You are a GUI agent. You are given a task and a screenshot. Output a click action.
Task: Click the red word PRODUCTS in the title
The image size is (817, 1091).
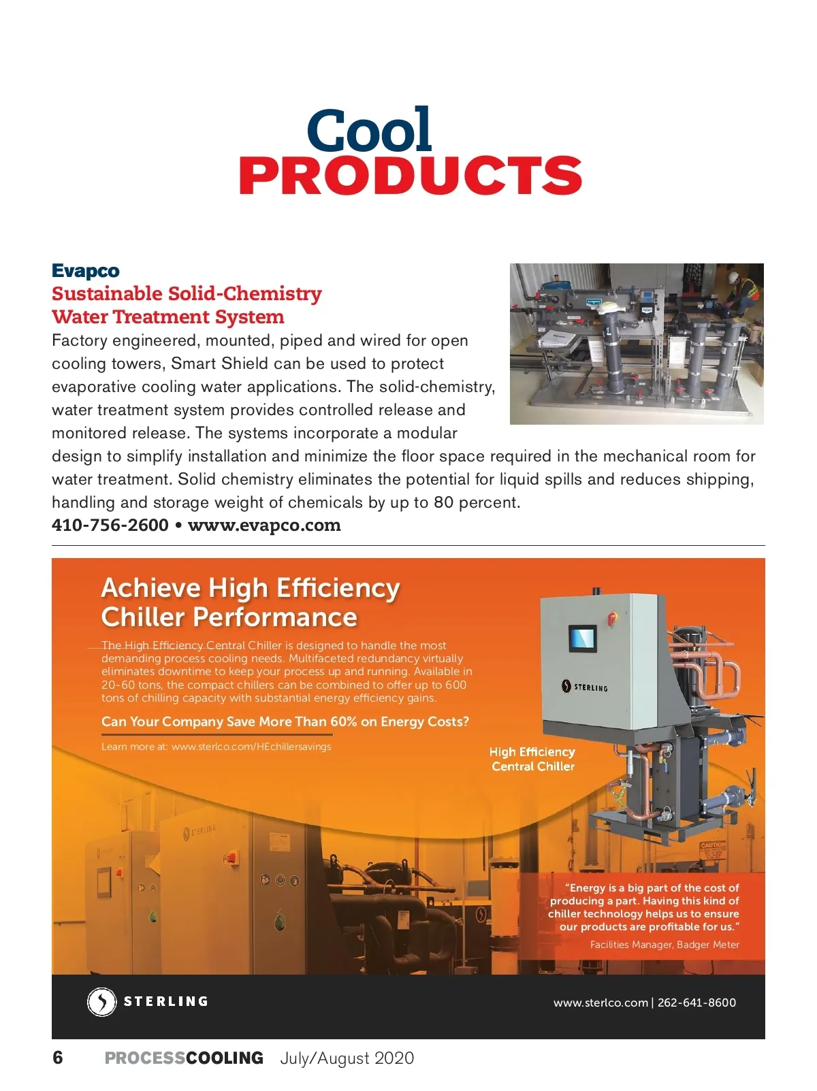410,176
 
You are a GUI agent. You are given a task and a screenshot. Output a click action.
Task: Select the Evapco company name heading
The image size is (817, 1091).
86,271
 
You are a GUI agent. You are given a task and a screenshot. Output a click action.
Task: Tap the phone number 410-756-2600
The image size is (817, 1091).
110,525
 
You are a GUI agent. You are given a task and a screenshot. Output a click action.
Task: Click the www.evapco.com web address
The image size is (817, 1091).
264,525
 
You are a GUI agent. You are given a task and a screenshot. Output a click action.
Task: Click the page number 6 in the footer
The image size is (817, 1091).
58,1058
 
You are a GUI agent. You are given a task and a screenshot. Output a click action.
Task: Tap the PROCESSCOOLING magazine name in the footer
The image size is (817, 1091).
184,1058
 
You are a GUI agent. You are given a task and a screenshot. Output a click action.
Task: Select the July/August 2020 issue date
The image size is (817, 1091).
347,1058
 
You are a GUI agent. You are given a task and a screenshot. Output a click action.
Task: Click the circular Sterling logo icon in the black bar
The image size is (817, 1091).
102,1002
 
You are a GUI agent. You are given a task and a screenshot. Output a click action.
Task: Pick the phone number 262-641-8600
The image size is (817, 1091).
696,1003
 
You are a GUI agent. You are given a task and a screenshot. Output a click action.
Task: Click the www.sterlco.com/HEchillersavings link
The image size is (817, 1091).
251,747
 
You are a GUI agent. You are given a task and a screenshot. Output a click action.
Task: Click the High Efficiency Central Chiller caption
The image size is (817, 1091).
532,759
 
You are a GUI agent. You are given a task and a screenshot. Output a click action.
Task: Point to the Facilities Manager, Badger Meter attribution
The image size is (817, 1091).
664,945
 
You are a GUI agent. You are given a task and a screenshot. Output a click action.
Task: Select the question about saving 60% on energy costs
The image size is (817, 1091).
285,721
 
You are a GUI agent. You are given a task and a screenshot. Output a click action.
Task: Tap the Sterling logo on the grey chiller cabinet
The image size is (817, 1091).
585,687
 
